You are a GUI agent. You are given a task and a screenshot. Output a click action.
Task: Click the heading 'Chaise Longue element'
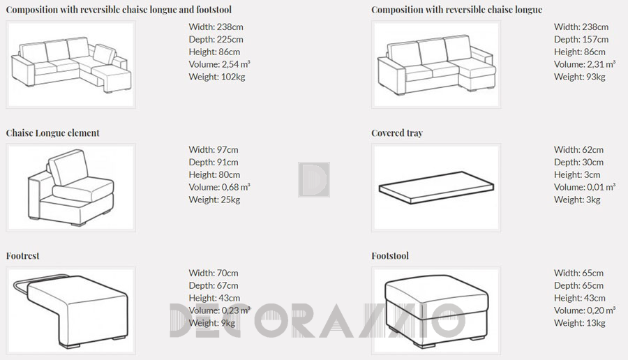[52, 133]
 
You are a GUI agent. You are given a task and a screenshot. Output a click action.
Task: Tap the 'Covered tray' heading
[397, 133]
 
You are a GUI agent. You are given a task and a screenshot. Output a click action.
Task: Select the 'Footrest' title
[22, 256]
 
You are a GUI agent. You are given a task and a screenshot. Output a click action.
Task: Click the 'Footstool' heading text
[390, 256]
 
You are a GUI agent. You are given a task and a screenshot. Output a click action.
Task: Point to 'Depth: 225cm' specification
[216, 40]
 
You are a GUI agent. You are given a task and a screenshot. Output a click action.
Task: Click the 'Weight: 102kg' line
[217, 77]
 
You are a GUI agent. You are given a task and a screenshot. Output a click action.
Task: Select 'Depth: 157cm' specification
[581, 40]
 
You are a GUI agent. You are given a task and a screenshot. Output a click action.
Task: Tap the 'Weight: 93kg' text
[580, 77]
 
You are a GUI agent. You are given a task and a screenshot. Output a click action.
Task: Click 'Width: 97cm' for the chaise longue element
[214, 150]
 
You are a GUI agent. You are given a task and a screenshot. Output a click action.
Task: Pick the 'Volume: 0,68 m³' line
[220, 187]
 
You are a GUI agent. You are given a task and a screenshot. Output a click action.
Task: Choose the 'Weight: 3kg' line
[577, 200]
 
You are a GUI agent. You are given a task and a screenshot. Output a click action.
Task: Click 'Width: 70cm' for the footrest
[214, 273]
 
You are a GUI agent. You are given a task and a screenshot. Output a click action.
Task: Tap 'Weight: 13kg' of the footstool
[580, 323]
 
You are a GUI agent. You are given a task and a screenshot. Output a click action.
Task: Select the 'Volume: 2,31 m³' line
[585, 64]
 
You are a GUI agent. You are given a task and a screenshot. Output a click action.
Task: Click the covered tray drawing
[436, 188]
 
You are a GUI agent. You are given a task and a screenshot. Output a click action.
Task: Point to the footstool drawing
[437, 310]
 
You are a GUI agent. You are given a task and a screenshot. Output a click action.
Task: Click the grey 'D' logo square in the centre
[314, 180]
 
